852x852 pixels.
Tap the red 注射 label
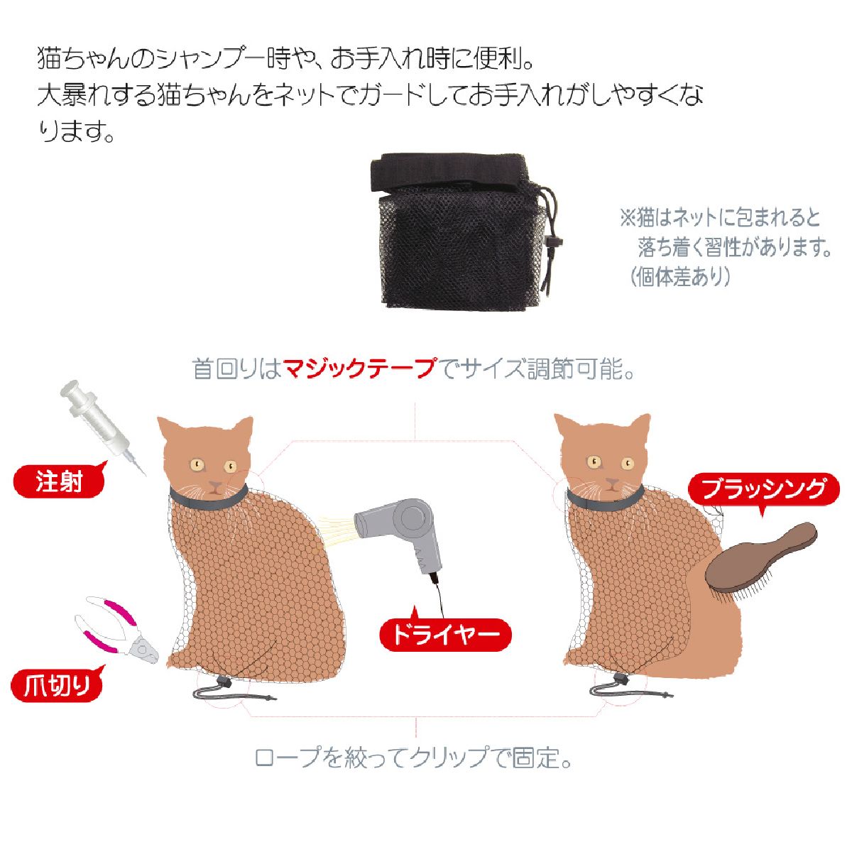coord(60,482)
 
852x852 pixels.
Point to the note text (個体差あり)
coord(679,277)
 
